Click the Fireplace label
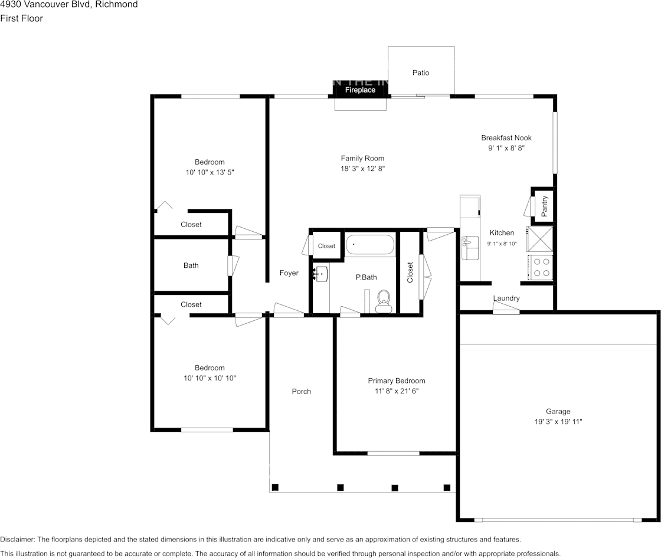pos(360,90)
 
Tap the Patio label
pos(421,73)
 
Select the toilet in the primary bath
pos(384,301)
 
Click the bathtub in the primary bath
pos(369,245)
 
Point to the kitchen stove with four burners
pos(541,267)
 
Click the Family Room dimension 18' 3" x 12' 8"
pos(362,169)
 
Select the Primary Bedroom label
pos(397,380)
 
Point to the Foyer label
pos(289,273)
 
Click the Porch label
pos(301,392)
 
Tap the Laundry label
pos(506,298)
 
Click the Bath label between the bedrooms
pos(191,265)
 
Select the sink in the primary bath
pos(320,273)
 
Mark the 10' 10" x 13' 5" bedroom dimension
pos(210,172)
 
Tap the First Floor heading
pos(21,18)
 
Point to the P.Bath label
pos(366,277)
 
